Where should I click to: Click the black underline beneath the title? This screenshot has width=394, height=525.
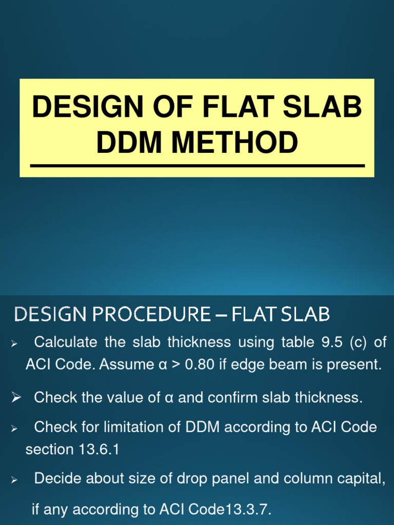pos(197,166)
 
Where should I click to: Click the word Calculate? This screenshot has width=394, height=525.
pos(65,342)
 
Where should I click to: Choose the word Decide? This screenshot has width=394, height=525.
pos(57,478)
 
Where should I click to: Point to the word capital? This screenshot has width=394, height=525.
pos(361,478)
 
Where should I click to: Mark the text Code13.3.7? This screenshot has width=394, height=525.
pos(229,510)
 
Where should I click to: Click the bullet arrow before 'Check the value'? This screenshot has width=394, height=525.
pos(16,397)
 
